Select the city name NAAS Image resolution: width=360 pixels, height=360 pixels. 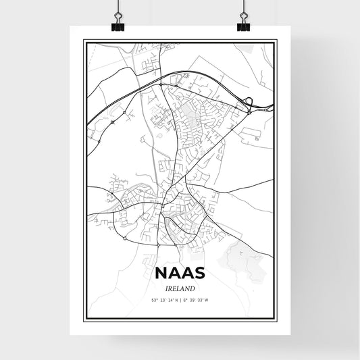[180, 274]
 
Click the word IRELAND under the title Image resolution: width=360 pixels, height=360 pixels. [180, 287]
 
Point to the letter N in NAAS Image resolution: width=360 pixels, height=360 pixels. [162, 274]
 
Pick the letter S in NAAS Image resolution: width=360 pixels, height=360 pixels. [199, 274]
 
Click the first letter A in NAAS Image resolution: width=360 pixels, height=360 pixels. [174, 274]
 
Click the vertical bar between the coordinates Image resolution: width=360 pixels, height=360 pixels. [180, 299]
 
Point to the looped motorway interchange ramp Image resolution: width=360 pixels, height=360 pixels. [249, 104]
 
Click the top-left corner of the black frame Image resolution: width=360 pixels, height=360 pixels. [84, 41]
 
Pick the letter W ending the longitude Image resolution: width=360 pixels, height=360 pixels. [207, 299]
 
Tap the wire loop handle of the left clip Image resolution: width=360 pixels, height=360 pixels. [118, 18]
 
